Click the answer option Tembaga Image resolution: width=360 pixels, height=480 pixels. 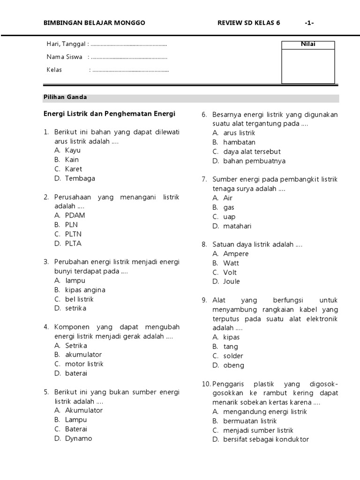(x=80, y=179)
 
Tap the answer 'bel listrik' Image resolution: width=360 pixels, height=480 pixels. (x=79, y=299)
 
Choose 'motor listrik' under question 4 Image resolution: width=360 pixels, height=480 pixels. (x=84, y=364)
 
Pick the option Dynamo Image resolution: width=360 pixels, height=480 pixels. (x=79, y=439)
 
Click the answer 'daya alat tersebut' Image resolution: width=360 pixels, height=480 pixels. (x=252, y=152)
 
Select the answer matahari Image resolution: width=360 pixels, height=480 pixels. (x=237, y=226)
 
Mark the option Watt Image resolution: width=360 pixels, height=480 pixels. (x=231, y=263)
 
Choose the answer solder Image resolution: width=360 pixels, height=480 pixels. (x=233, y=356)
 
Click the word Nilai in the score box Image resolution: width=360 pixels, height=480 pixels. (x=308, y=45)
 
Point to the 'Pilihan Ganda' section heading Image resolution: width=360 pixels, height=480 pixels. (x=65, y=97)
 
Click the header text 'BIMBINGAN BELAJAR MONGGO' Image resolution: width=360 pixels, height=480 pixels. (x=94, y=23)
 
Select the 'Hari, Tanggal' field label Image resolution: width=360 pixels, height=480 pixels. (x=66, y=44)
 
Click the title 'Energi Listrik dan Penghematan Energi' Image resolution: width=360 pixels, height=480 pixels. (x=109, y=114)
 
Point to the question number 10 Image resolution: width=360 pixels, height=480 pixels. (x=206, y=384)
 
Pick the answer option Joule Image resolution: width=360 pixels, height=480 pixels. (x=231, y=282)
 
